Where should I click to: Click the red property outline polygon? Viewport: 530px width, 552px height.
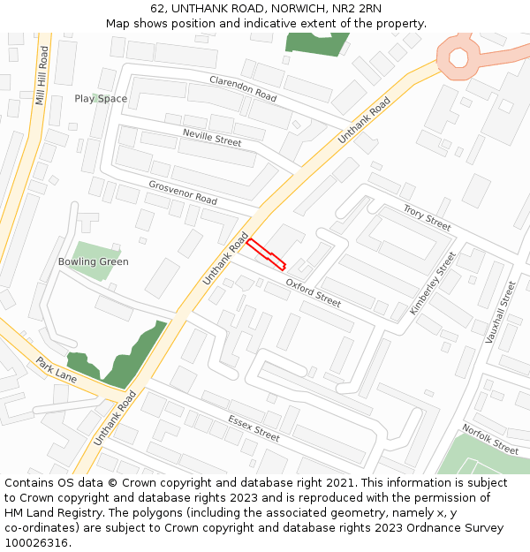(266, 253)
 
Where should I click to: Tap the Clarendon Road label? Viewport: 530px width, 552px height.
(243, 86)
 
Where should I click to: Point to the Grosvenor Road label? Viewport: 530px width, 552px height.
(183, 192)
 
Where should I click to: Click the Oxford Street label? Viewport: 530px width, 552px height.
(313, 292)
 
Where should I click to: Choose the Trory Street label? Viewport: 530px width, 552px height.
(427, 217)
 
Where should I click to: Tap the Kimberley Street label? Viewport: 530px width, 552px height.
(432, 284)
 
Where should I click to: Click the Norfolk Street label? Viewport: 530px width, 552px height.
(490, 439)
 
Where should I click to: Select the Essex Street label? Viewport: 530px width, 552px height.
(254, 428)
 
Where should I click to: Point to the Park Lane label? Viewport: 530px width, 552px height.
(57, 369)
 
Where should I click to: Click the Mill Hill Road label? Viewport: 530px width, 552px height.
(41, 76)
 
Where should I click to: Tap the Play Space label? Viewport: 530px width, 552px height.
(101, 99)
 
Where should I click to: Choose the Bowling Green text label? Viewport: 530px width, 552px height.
(93, 261)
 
